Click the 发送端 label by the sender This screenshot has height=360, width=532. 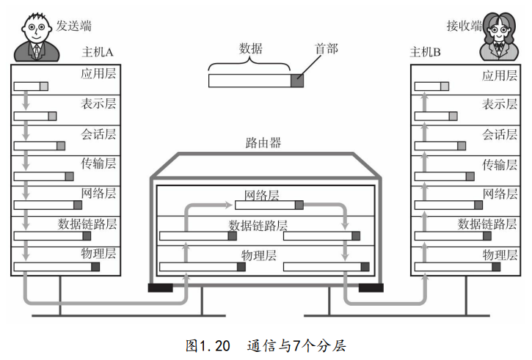pos(73,26)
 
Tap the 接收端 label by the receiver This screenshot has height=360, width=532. pos(464,26)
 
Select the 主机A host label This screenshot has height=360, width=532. pos(98,52)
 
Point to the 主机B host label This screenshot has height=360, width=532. pos(425,52)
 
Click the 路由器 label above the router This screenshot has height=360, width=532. pos(263,143)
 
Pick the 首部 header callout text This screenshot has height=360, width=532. pos(327,49)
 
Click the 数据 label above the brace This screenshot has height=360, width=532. pos(251,48)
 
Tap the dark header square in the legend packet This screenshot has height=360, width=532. pos(297,81)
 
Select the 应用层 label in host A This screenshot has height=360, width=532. pos(98,73)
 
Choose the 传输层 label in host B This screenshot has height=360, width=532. pos(500,164)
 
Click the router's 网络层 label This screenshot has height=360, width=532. pos(262,196)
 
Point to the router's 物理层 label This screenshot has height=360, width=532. pos(259,255)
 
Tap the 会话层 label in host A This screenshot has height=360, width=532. pos(98,134)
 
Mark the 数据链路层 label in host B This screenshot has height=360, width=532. pos(487,224)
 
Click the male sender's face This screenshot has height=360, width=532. pos(36,30)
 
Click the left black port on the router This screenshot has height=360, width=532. pos(161,288)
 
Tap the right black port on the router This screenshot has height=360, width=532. pos(371,288)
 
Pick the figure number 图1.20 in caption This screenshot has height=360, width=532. pos(208,346)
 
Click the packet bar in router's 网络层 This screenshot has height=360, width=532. pos(269,205)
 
